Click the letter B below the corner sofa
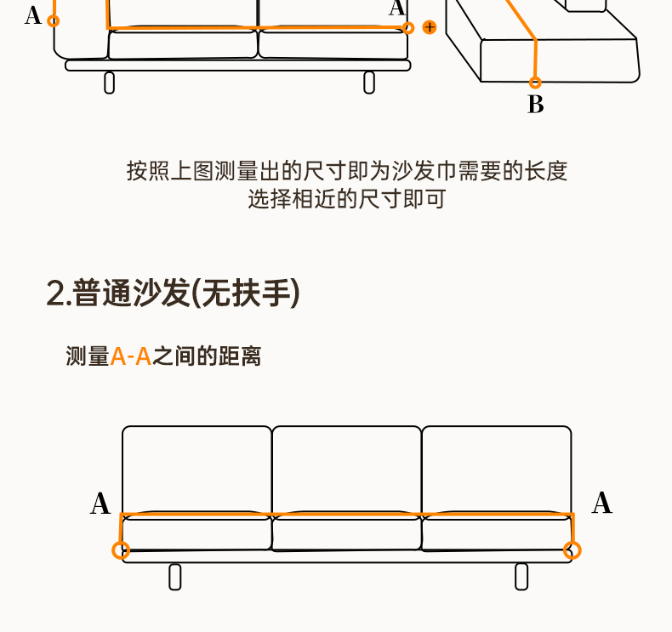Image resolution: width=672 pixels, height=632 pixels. (x=535, y=105)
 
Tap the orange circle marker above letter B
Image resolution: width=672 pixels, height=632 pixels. (x=535, y=83)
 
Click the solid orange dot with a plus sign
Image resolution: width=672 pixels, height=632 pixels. (x=430, y=27)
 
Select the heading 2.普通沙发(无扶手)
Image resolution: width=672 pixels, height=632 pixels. (x=174, y=293)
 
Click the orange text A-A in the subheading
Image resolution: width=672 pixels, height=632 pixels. (x=131, y=356)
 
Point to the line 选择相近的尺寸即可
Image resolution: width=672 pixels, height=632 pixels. (x=346, y=200)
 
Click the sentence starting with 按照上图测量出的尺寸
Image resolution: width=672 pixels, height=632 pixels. (x=346, y=171)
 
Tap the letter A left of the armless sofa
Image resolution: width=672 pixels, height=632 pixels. (x=100, y=504)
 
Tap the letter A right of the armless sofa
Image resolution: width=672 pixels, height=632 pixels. (x=601, y=503)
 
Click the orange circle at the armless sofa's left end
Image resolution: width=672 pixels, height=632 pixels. (x=121, y=550)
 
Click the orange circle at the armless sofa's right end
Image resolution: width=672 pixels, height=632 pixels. (x=572, y=550)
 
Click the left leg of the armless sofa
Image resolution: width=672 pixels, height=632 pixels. (x=175, y=577)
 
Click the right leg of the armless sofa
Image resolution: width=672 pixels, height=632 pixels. (x=521, y=577)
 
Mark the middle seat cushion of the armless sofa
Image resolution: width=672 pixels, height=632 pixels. (x=346, y=533)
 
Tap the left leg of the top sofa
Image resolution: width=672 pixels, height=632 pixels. (x=109, y=83)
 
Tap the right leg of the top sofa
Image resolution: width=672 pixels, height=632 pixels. (x=369, y=83)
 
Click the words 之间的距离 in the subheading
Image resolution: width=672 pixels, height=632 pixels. (x=207, y=356)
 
